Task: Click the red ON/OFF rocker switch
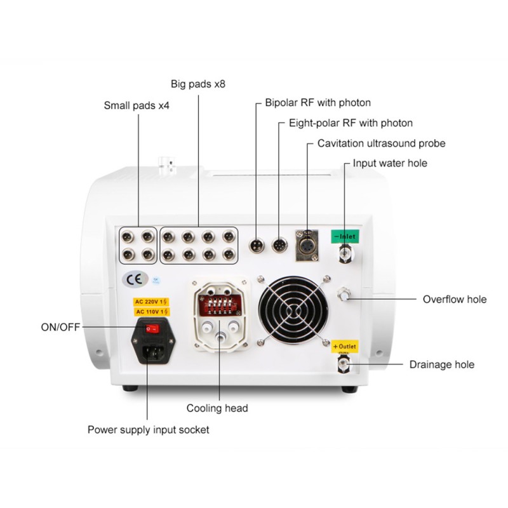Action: pos(151,330)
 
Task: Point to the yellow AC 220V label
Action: pos(151,302)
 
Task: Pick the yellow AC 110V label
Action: pos(151,312)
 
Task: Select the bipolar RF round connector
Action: pos(257,244)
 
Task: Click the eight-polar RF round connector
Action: pos(279,244)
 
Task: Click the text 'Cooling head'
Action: pos(217,408)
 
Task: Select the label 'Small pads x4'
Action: pos(137,105)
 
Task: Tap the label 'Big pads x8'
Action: pos(198,84)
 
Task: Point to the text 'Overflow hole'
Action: pos(455,299)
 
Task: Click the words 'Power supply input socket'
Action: pos(149,430)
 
